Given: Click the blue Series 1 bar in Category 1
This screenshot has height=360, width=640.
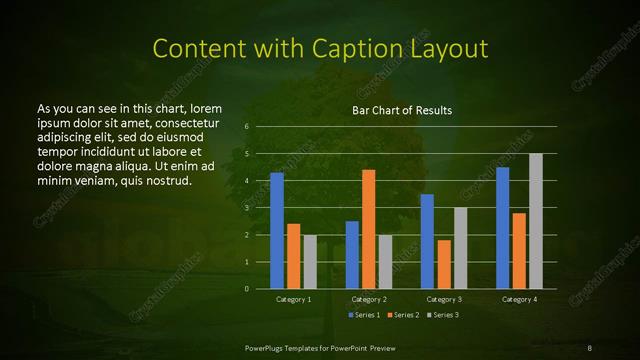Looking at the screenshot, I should pos(277,231).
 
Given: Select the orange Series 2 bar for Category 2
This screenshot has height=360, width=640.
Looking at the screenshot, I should pos(368,229).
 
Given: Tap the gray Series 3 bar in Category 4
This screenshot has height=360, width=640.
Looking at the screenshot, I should pos(535,221).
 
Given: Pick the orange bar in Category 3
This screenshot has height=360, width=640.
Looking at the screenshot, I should pos(444,264).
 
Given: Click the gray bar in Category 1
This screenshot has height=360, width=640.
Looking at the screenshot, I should pos(310,262).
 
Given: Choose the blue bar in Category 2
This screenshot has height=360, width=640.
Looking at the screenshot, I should pos(352,255).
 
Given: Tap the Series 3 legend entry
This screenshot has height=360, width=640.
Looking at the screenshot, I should pos(442,315).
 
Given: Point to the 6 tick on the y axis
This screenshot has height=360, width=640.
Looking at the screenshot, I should pos(246,127).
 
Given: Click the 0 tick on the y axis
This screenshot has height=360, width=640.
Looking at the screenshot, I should pos(246,289).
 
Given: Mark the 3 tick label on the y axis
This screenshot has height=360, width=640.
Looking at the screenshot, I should pos(246,208).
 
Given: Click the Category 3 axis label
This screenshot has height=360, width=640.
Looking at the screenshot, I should pos(443,299).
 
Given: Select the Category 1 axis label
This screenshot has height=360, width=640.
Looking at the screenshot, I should pos(293,299).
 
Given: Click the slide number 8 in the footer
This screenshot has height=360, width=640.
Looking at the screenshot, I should pos(589,346).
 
